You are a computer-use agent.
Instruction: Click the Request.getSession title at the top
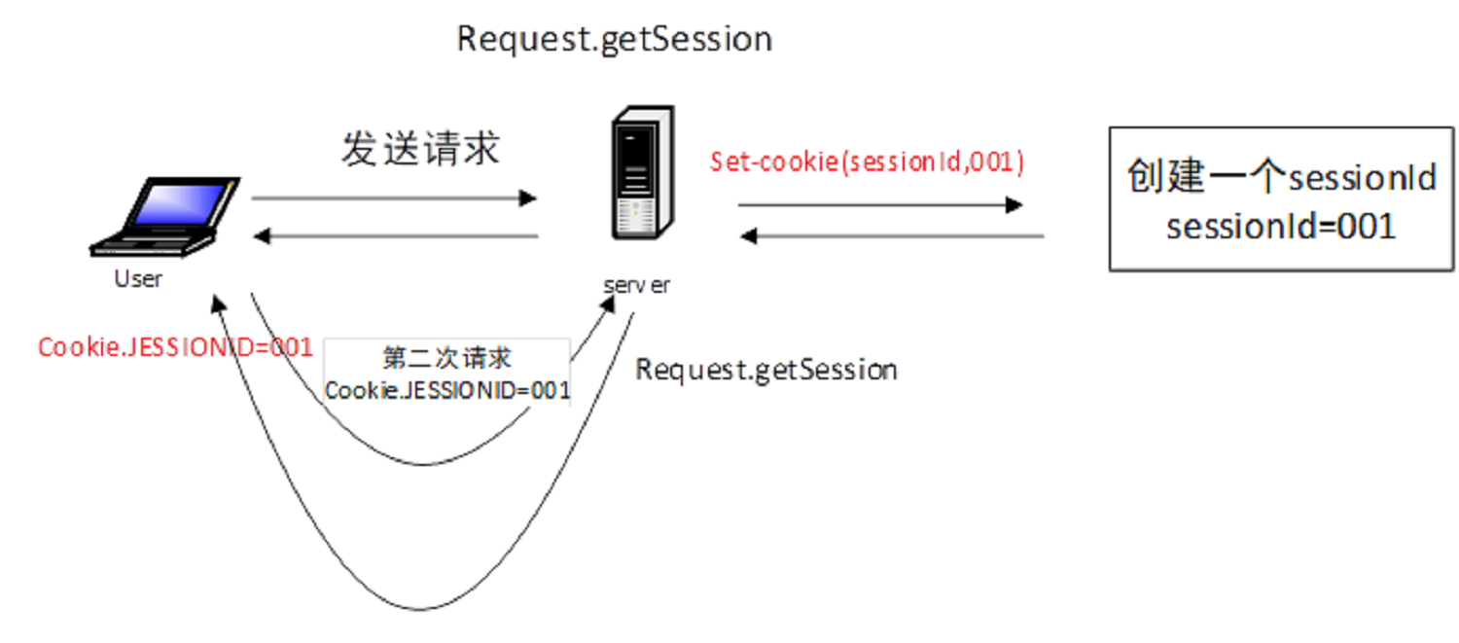[x=614, y=39]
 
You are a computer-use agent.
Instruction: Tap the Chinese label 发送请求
[x=420, y=149]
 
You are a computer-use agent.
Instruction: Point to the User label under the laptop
[x=139, y=279]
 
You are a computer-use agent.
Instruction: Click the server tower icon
[x=641, y=175]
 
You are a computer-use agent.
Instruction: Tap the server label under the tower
[x=635, y=286]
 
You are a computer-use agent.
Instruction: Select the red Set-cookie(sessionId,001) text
[x=867, y=161]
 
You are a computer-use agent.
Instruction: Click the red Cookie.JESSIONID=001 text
[x=175, y=347]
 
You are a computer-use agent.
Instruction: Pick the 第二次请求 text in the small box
[x=446, y=358]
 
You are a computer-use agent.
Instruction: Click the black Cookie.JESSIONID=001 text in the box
[x=446, y=390]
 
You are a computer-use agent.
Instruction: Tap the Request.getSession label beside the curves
[x=765, y=370]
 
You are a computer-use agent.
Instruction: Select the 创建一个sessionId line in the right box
[x=1281, y=178]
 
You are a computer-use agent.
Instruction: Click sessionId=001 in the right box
[x=1281, y=226]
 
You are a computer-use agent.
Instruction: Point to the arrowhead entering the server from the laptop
[x=528, y=198]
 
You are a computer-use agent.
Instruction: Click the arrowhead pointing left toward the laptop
[x=262, y=235]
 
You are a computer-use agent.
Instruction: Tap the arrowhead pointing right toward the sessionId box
[x=1014, y=205]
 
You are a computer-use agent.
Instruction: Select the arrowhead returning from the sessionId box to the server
[x=748, y=235]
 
